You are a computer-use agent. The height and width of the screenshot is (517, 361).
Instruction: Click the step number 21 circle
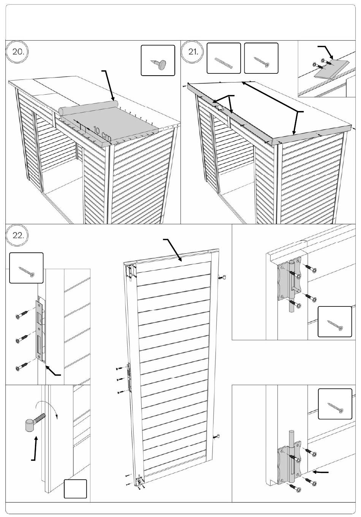click(x=193, y=52)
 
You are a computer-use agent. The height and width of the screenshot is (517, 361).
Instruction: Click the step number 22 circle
click(x=17, y=235)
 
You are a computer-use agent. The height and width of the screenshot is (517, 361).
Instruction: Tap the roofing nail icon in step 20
click(x=158, y=61)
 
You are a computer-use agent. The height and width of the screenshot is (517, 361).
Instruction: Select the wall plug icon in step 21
click(x=224, y=58)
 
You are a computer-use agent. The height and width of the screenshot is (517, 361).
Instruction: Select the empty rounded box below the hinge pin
click(x=75, y=489)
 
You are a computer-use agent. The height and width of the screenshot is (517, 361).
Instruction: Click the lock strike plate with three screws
click(x=40, y=329)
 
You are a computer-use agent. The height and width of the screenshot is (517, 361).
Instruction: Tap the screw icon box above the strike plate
click(x=26, y=268)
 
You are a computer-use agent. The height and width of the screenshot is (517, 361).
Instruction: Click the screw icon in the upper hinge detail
click(x=335, y=322)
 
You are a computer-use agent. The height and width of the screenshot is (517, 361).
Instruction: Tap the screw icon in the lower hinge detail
click(x=335, y=404)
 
